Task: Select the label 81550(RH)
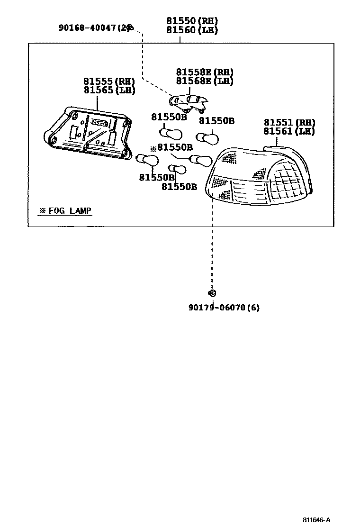pos(192,21)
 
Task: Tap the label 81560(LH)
pos(192,30)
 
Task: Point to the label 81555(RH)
pos(109,82)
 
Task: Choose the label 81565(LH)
pos(109,90)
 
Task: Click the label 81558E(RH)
pos(205,73)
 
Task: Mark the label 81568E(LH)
pos(205,81)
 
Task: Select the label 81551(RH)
pos(289,123)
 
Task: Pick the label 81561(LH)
pos(289,132)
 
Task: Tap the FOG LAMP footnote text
pos(65,210)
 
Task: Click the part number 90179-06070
pos(216,308)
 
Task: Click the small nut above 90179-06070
pos(212,293)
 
